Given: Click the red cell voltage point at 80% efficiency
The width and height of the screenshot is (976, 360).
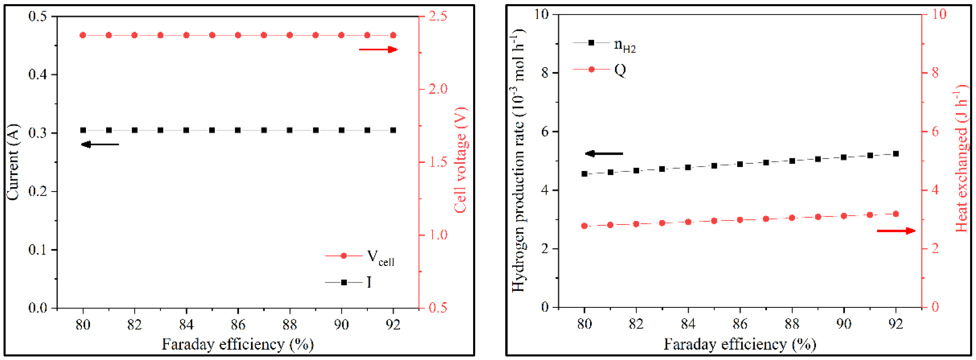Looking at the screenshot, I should point(83,35).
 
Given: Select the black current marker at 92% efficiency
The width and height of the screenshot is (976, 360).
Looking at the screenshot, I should point(393,130).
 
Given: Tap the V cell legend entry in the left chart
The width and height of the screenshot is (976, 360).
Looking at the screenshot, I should point(360,257).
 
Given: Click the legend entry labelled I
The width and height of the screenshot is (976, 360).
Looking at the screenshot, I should point(348,282).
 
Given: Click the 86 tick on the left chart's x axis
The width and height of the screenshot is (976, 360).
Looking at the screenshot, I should point(238,325).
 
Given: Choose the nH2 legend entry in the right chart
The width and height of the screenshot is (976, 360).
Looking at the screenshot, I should point(605,44).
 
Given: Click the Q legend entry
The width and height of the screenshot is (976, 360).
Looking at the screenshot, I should point(600,70).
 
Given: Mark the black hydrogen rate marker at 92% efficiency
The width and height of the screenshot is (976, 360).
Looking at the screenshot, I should point(896,154).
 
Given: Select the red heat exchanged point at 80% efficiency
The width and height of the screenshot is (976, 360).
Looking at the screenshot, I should point(584,226).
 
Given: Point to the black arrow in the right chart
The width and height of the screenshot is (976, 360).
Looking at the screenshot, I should point(604,154).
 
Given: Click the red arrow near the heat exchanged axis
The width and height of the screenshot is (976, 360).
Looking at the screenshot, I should point(896,231).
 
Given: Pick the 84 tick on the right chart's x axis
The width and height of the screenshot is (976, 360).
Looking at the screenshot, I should point(688,324).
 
